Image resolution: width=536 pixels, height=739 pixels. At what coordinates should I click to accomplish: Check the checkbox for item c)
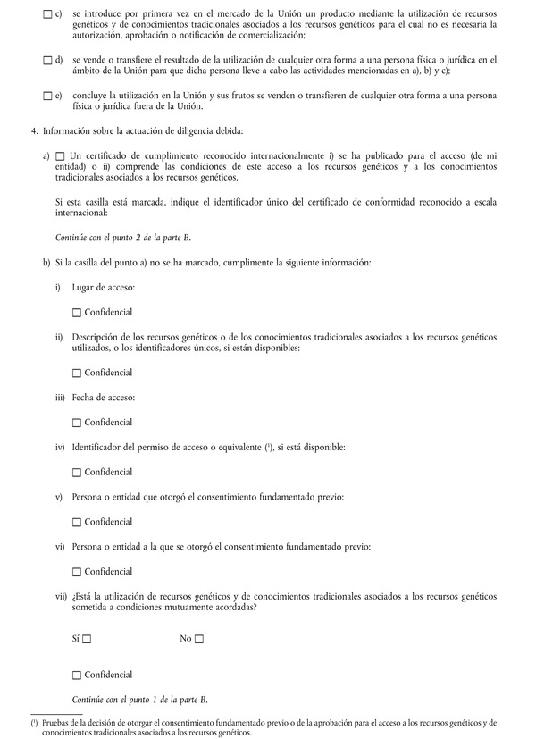point(47,16)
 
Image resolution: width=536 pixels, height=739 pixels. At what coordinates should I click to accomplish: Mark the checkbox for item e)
point(47,95)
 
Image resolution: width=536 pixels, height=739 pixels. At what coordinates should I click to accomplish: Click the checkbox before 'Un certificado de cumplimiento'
point(60,156)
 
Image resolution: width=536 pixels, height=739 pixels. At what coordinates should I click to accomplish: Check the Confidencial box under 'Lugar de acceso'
point(77,312)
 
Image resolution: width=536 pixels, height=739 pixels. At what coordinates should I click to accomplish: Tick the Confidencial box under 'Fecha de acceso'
point(77,422)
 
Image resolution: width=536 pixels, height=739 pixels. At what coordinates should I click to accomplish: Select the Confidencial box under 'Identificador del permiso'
point(77,472)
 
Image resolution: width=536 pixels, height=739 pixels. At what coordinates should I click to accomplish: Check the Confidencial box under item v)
point(77,522)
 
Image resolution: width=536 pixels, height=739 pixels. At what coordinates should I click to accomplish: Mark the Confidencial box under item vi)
point(77,571)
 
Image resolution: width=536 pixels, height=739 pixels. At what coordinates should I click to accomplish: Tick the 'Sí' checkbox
point(87,639)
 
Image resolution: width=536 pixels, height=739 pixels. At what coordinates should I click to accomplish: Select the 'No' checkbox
point(199,639)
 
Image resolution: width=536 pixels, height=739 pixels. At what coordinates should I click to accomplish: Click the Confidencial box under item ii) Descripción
point(77,373)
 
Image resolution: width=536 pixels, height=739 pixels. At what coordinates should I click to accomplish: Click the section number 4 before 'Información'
point(33,132)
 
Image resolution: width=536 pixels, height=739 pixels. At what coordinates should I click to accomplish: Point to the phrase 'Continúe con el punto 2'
point(123,239)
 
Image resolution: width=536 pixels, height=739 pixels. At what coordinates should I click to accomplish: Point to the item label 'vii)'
point(62,595)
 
